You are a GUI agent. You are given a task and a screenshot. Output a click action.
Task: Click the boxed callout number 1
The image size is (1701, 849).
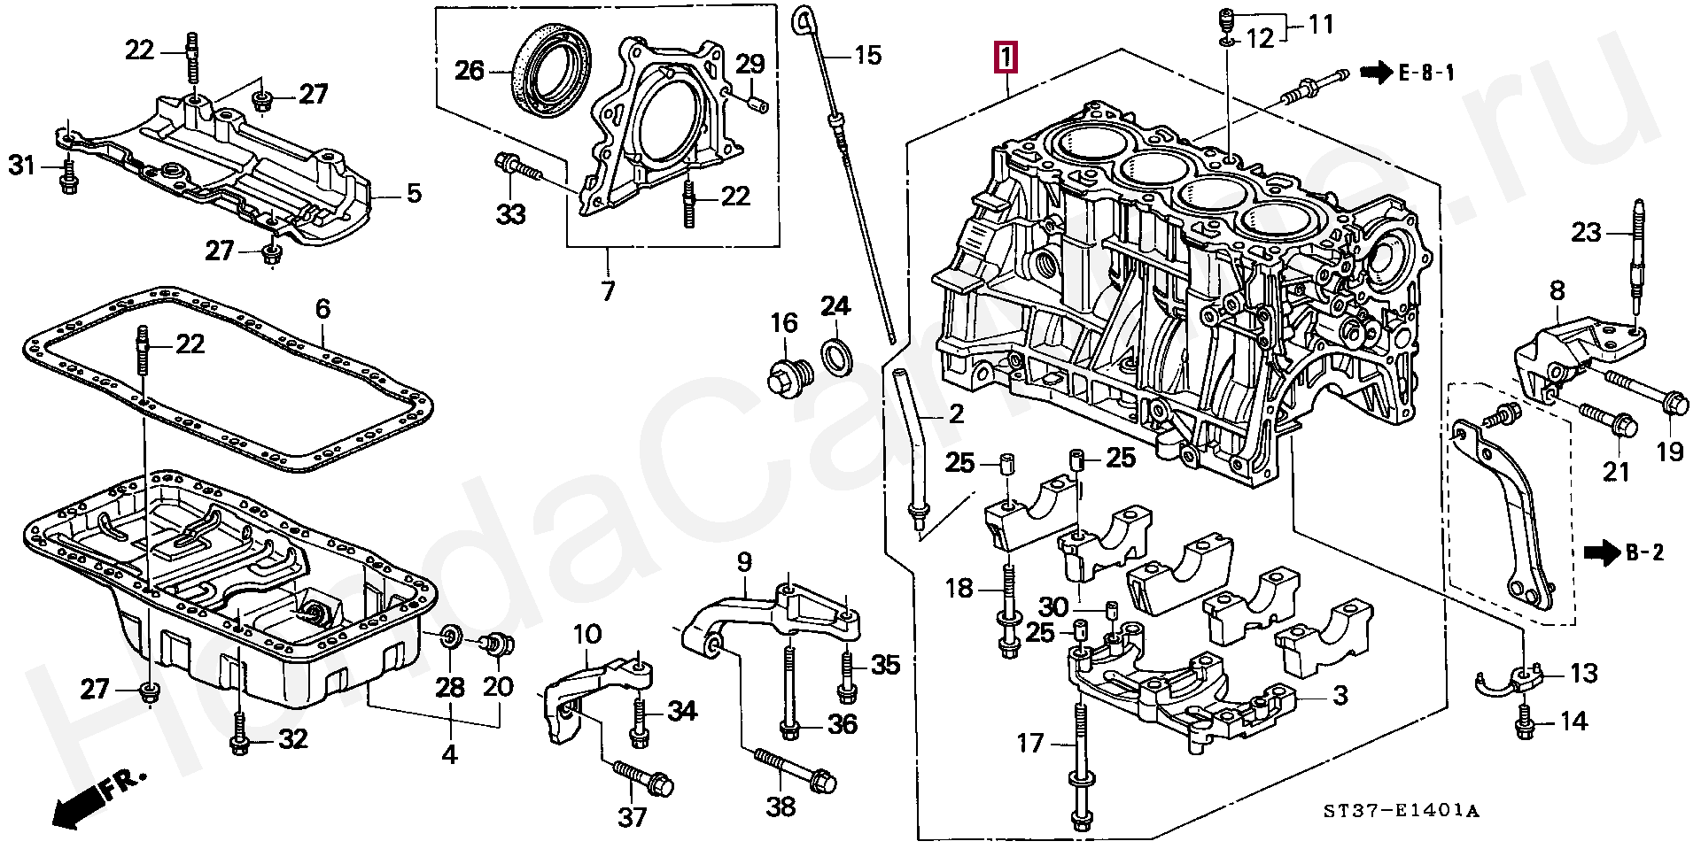click(x=1006, y=58)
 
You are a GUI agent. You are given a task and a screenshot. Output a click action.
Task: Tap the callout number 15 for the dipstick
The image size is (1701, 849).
click(x=868, y=56)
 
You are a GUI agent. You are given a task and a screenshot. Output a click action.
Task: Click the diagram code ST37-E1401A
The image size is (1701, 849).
click(x=1402, y=811)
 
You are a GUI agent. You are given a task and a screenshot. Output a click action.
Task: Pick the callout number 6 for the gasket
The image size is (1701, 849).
click(x=322, y=308)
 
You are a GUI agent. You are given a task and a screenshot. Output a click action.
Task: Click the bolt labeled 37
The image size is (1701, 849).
click(x=642, y=778)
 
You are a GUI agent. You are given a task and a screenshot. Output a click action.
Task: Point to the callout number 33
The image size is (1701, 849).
click(x=510, y=213)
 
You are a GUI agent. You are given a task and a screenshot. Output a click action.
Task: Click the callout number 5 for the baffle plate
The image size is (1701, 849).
click(x=414, y=192)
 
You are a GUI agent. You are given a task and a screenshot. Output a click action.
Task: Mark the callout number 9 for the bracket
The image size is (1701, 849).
click(x=744, y=561)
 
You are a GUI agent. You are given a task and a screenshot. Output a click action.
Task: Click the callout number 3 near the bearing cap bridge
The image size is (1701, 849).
click(x=1340, y=695)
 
